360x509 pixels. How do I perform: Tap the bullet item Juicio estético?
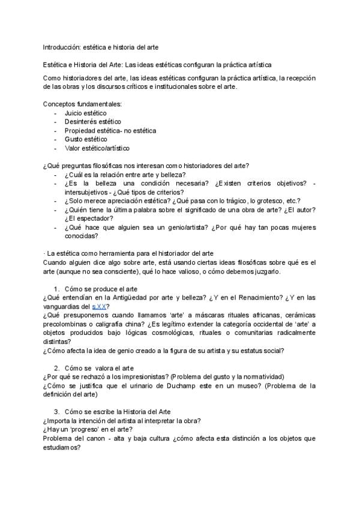pyautogui.click(x=86, y=113)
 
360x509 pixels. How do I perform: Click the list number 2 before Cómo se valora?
pyautogui.click(x=56, y=368)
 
